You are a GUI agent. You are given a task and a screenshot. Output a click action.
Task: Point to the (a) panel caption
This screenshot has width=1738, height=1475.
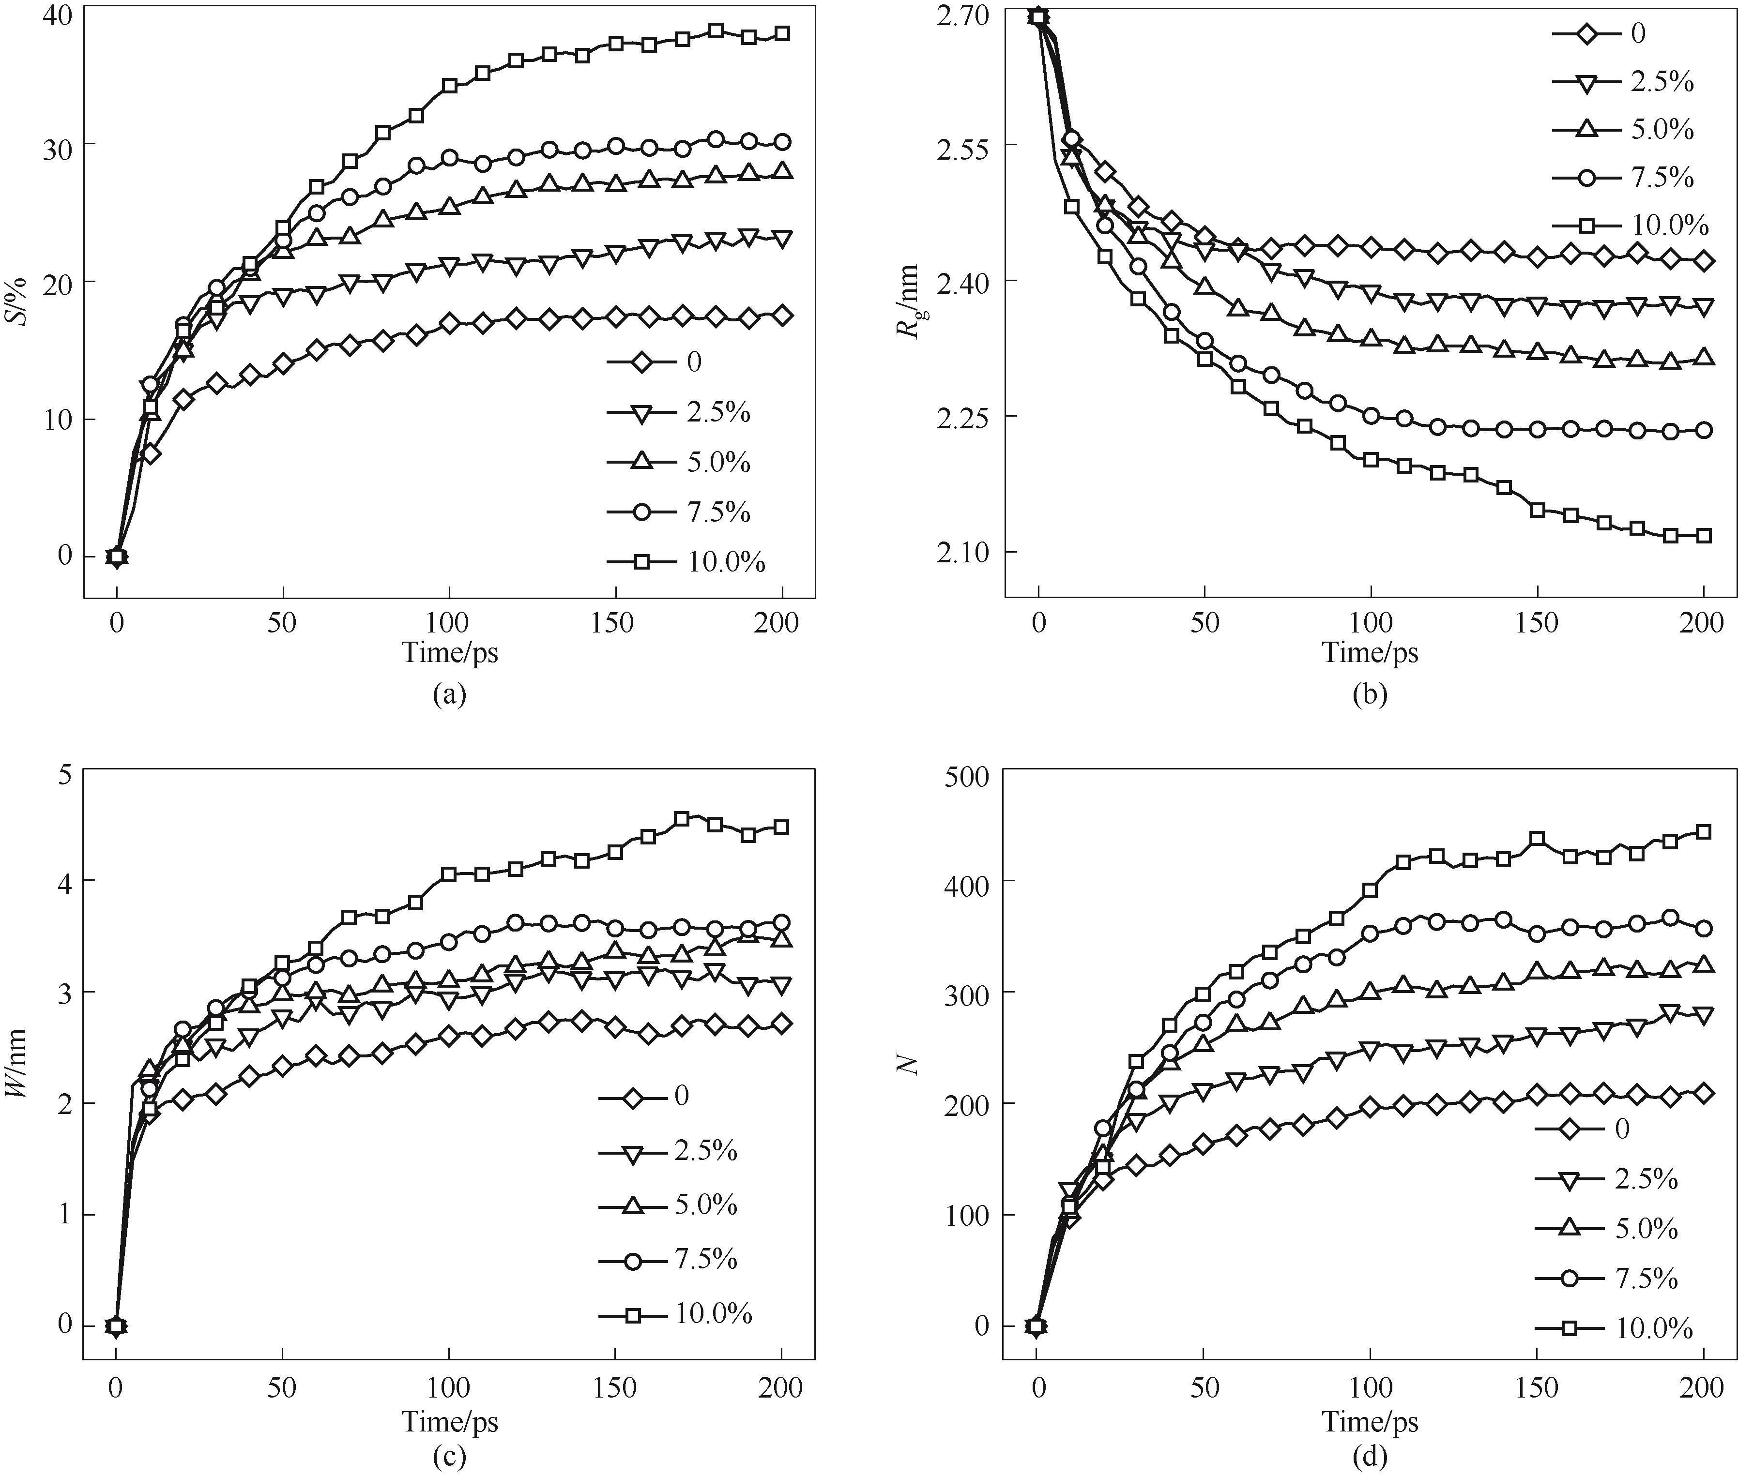(449, 694)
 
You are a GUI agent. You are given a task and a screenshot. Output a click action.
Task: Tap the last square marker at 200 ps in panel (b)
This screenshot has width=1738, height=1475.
(1703, 535)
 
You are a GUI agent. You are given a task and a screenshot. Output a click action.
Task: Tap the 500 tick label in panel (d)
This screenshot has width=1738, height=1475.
(965, 775)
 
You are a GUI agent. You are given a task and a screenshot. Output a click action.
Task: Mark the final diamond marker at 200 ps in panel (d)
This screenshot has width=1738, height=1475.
(1703, 1093)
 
